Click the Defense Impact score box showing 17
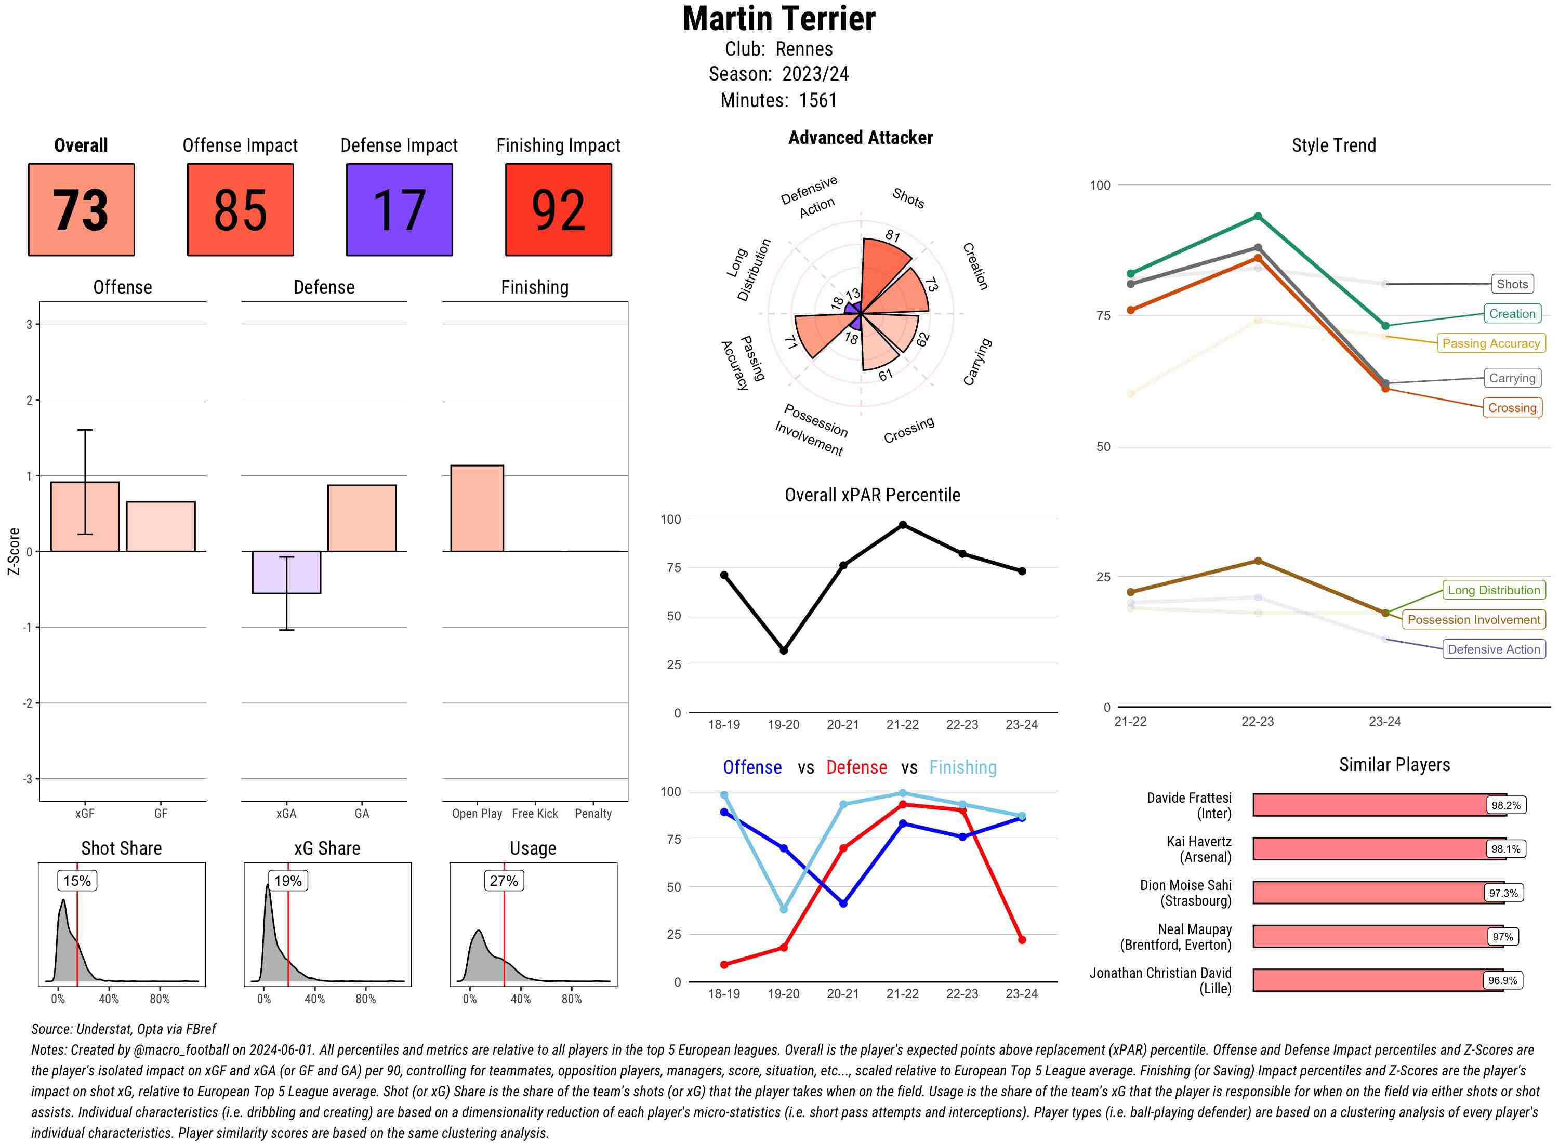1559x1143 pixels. coord(399,210)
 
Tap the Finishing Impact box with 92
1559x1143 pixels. coord(559,210)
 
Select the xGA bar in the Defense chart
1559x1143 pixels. coord(286,572)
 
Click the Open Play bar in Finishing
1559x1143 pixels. coord(477,509)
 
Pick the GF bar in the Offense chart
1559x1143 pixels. coord(161,526)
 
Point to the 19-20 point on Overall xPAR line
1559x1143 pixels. coord(783,650)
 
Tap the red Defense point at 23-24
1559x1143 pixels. coord(1021,939)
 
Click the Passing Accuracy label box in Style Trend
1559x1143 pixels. coord(1490,343)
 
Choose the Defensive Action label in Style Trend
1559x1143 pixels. coord(1494,649)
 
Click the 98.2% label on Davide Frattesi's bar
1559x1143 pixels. coord(1505,805)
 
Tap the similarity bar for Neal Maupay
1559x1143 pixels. coord(1377,937)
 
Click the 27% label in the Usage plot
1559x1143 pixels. coord(504,881)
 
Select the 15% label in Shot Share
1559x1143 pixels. coord(77,881)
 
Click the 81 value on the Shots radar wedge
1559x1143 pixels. coord(893,236)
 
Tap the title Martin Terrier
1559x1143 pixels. coord(778,19)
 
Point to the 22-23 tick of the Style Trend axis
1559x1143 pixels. coord(1257,722)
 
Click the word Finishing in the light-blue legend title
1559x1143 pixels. coord(962,767)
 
